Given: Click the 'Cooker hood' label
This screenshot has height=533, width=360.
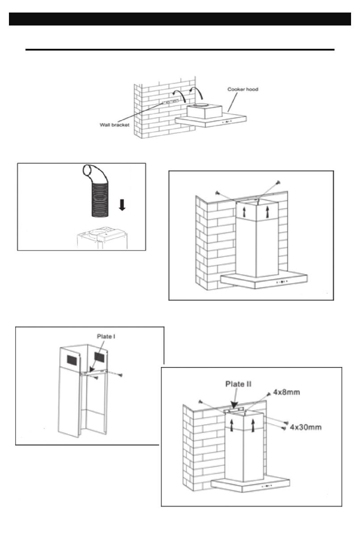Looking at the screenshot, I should pyautogui.click(x=243, y=89).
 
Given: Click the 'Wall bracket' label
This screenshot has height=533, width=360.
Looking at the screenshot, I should pyautogui.click(x=114, y=125).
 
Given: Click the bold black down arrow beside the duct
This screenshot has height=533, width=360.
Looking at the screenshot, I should pyautogui.click(x=122, y=205).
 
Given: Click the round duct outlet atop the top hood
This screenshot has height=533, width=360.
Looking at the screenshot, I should pyautogui.click(x=204, y=105).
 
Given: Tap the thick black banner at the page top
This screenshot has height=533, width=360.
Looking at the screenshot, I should pyautogui.click(x=180, y=19).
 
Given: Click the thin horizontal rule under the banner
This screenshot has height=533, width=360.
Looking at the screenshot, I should pyautogui.click(x=180, y=50).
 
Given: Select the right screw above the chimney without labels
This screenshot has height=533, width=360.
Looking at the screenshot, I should pyautogui.click(x=279, y=182).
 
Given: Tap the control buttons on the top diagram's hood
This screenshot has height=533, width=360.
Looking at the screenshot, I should pyautogui.click(x=226, y=121).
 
